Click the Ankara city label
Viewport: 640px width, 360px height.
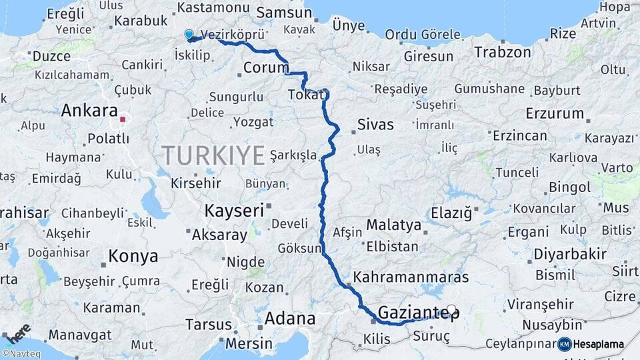(x=89, y=111)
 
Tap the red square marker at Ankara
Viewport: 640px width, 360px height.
(x=123, y=121)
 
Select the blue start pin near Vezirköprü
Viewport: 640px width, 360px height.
(x=189, y=35)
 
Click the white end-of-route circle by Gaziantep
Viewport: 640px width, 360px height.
(x=452, y=309)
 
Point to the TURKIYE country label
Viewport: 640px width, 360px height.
(x=213, y=155)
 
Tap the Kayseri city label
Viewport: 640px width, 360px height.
(x=234, y=209)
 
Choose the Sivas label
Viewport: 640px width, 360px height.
(x=375, y=125)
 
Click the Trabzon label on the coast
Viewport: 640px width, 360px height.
(x=502, y=52)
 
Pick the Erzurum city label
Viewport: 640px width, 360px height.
(x=554, y=113)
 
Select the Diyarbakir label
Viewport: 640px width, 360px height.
(x=570, y=254)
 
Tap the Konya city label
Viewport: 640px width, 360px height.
(x=133, y=256)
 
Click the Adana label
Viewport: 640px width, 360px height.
(x=289, y=319)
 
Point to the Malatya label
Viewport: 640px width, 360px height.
(x=393, y=225)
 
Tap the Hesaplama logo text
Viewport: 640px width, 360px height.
(x=598, y=344)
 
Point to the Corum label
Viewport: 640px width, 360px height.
(x=266, y=67)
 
